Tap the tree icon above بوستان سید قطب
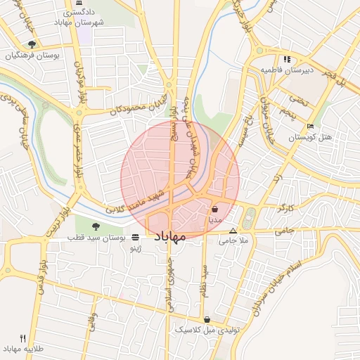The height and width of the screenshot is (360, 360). tap(96, 226)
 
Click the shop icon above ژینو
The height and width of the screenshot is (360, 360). tap(135, 238)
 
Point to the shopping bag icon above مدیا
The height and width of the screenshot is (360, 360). tap(214, 209)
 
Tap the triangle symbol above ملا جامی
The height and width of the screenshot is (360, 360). tap(233, 231)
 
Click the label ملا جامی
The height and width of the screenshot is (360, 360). tap(236, 241)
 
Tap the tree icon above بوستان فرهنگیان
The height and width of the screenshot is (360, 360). tap(32, 44)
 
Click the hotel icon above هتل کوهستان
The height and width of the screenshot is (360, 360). tap(311, 127)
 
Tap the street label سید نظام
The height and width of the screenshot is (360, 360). tap(205, 282)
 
